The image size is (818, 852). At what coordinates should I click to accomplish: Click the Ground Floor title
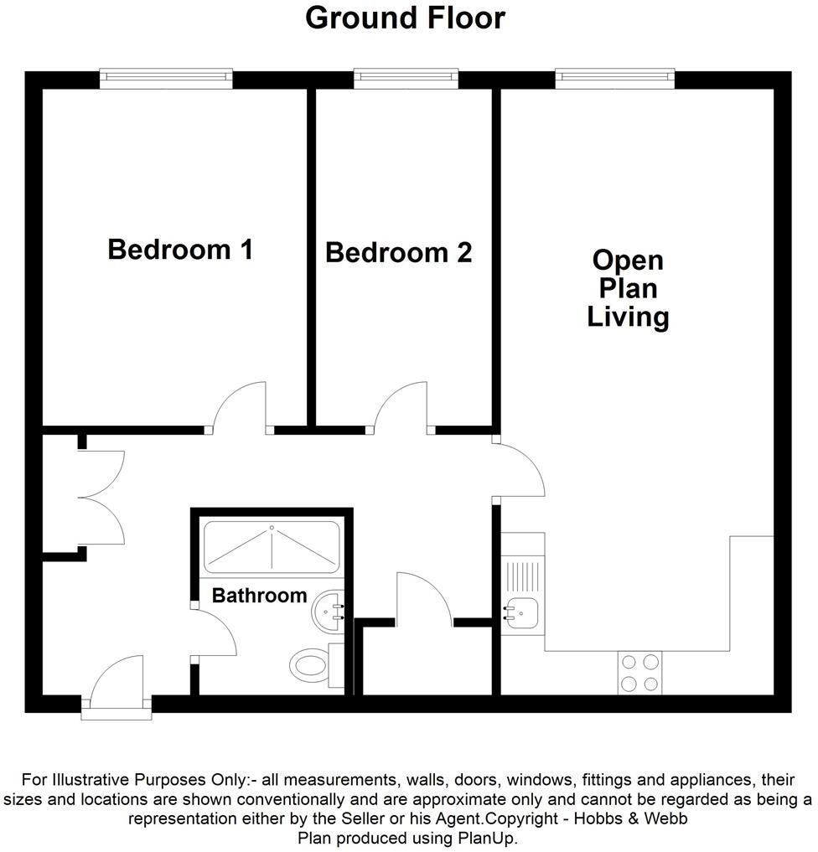405,18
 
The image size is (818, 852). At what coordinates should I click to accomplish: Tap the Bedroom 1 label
180,249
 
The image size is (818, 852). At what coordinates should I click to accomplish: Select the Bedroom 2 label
398,252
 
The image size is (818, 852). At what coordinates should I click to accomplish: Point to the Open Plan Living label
628,288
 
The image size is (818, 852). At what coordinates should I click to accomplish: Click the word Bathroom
259,596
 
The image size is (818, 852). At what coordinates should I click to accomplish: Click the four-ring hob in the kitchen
639,673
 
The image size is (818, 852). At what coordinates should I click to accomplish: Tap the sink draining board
521,576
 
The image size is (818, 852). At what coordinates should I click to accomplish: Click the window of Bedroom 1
166,79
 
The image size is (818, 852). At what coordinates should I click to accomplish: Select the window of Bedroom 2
406,79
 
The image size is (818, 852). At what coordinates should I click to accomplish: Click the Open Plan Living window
615,79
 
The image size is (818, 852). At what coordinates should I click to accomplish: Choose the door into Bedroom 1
241,408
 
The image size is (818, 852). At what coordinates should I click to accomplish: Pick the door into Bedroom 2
401,408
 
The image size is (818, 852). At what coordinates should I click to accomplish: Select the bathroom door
214,633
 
